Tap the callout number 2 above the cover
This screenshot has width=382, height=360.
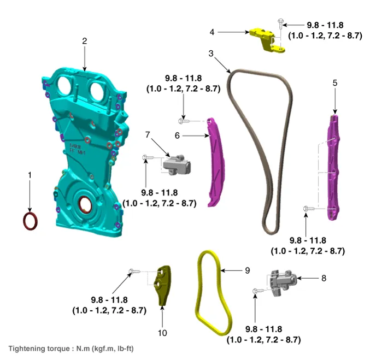pyautogui.click(x=85, y=41)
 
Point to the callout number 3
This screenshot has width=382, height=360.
pyautogui.click(x=211, y=54)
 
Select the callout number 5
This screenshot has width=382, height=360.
pyautogui.click(x=335, y=83)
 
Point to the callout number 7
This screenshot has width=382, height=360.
pyautogui.click(x=148, y=134)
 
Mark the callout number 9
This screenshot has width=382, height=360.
pyautogui.click(x=248, y=270)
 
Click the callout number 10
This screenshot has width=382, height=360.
pyautogui.click(x=162, y=332)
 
